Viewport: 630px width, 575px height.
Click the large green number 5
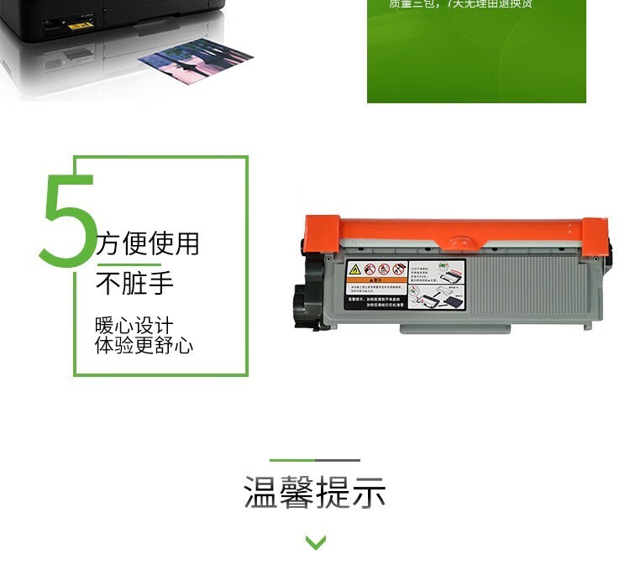(x=69, y=220)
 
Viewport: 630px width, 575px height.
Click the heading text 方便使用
(x=148, y=243)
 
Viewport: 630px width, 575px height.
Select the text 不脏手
(x=134, y=284)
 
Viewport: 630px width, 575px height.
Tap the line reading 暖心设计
(x=134, y=326)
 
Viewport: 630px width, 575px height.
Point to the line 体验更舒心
(x=144, y=345)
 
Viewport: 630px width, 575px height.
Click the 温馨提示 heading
(x=315, y=492)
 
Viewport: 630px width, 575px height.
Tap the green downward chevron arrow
(x=315, y=542)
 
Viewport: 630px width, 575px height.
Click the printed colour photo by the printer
(x=195, y=67)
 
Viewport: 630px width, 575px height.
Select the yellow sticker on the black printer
(x=80, y=25)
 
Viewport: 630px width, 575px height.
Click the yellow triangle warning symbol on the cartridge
(x=354, y=269)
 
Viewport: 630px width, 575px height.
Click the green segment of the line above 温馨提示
(x=291, y=460)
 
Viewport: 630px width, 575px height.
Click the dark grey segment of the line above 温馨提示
(x=338, y=460)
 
